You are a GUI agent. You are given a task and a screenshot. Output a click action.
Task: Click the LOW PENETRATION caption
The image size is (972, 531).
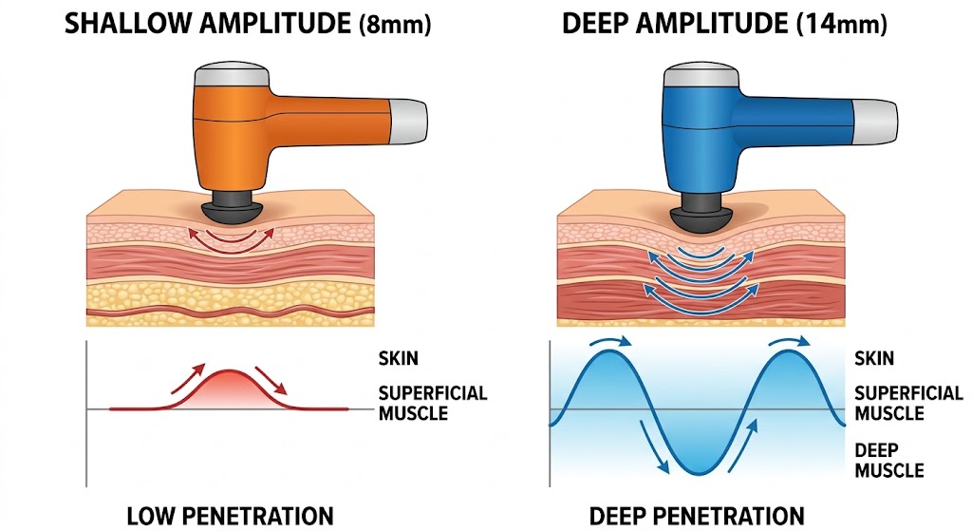tap(230, 516)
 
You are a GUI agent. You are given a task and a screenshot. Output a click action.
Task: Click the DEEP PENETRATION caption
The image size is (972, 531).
tap(696, 516)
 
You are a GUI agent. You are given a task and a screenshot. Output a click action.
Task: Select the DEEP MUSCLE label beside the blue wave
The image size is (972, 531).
tap(888, 460)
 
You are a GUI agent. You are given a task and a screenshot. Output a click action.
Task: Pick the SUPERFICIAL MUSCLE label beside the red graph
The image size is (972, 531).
tap(432, 403)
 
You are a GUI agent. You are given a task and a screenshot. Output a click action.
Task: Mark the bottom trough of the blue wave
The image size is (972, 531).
tap(696, 473)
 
